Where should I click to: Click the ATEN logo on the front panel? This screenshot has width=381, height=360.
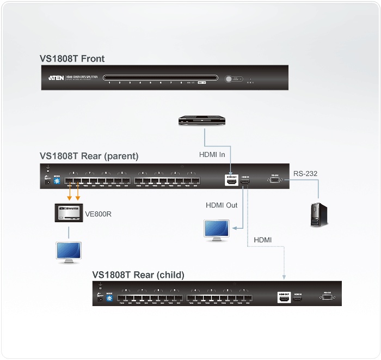(x=56, y=78)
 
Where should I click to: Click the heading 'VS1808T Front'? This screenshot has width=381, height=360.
(x=72, y=59)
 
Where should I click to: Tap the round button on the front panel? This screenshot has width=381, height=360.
(x=229, y=78)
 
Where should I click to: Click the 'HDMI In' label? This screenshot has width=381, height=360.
(x=212, y=154)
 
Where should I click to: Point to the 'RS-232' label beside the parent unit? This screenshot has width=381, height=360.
(x=305, y=174)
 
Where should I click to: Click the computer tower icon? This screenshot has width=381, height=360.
(x=319, y=215)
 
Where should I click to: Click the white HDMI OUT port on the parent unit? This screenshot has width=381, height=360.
(x=231, y=182)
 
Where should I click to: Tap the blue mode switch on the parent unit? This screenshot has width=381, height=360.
(x=57, y=182)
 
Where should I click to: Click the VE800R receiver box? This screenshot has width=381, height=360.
(x=69, y=214)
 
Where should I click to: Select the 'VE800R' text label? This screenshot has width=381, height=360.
(x=99, y=214)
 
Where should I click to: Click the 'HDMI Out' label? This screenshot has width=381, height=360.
(x=222, y=205)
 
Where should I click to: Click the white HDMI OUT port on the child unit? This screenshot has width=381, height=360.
(x=283, y=297)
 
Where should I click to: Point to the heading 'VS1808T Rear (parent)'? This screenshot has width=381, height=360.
(x=89, y=156)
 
